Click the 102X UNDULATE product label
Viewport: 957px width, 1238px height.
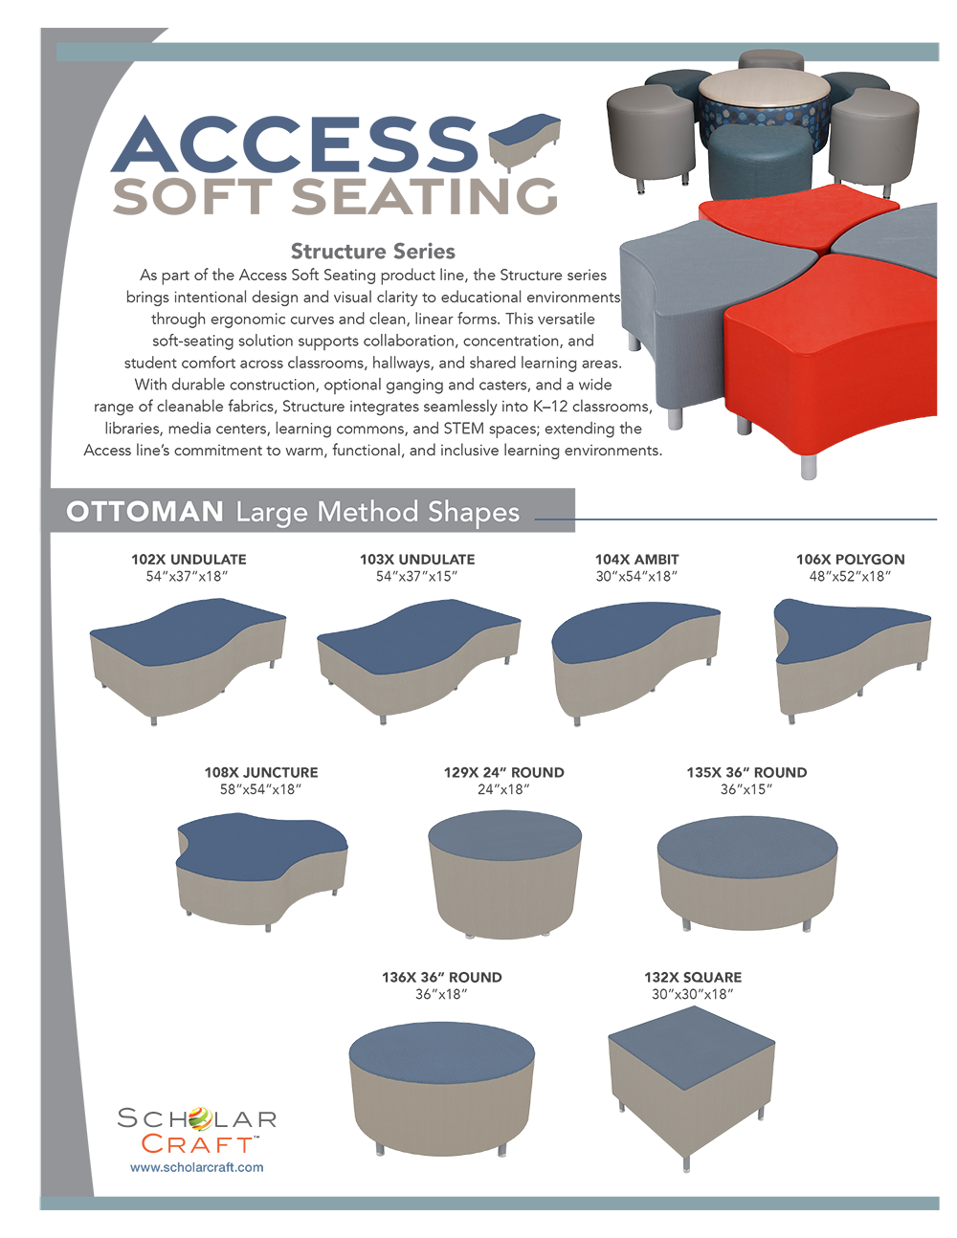point(189,560)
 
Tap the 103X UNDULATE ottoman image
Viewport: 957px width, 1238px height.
point(419,661)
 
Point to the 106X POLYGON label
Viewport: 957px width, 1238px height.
point(850,560)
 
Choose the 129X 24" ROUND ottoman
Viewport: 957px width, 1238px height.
point(504,873)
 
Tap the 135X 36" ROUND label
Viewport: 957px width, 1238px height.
point(746,772)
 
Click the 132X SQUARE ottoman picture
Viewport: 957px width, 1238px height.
point(692,1088)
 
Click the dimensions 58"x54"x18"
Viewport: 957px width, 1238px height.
point(260,789)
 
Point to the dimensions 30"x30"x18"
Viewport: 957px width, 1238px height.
point(692,994)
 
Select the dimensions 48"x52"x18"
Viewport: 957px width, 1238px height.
point(850,577)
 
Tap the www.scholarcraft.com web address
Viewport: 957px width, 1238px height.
point(196,1167)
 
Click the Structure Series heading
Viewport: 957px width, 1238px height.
point(372,252)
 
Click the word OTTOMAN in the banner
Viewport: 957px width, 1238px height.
point(145,511)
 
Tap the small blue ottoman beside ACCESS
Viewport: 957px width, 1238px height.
point(524,142)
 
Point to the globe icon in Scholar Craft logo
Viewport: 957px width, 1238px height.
point(199,1119)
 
